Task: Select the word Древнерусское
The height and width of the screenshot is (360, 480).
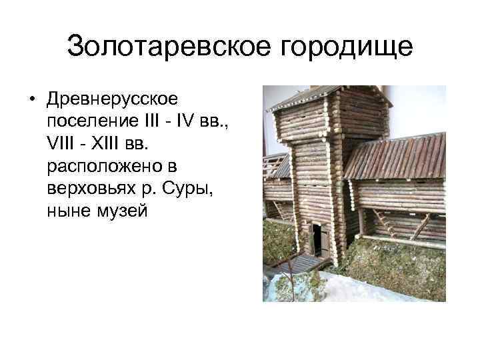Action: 112,100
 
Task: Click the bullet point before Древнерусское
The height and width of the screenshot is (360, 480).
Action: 31,101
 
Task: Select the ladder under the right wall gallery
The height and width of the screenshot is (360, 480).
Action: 387,224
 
